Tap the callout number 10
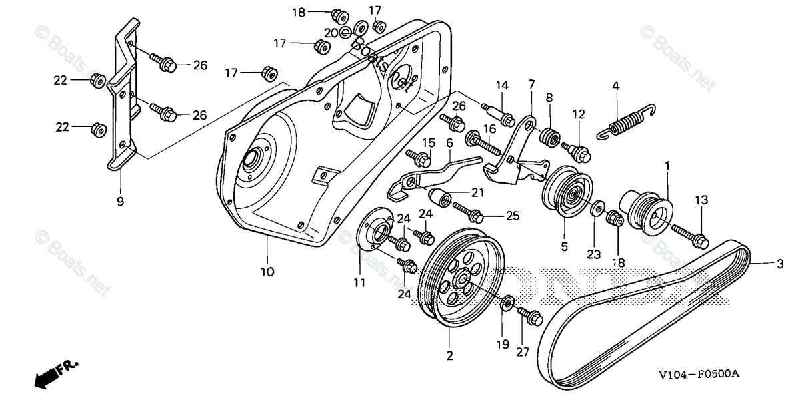coord(267,272)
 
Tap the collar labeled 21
coord(442,198)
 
